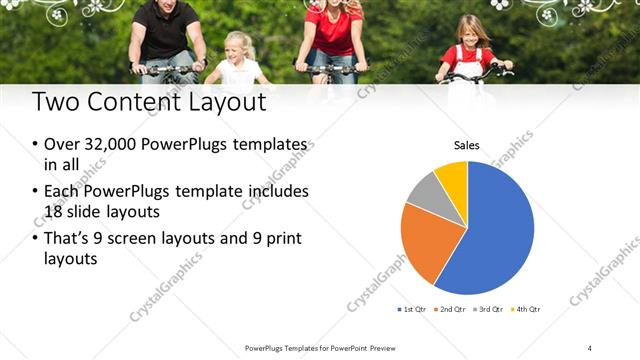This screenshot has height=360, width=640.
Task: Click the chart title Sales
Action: (x=467, y=145)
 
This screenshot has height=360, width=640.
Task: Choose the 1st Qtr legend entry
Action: (x=413, y=309)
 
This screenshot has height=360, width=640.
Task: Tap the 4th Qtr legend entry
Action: (x=527, y=309)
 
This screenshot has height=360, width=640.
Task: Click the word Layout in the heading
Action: (x=228, y=102)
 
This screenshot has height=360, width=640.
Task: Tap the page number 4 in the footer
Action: (x=590, y=347)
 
